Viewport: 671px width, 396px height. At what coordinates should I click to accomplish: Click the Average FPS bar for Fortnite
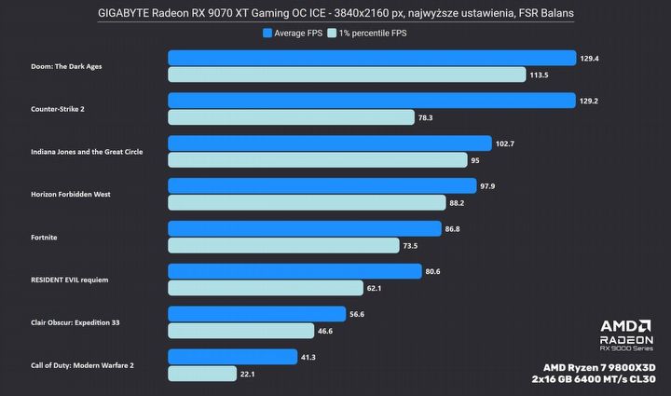[x=304, y=228]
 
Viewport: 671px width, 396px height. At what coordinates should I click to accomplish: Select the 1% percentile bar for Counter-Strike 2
[x=291, y=117]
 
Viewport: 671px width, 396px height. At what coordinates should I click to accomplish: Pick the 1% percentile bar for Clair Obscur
[x=240, y=331]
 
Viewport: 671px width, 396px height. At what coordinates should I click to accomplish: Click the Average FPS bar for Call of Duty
[x=234, y=356]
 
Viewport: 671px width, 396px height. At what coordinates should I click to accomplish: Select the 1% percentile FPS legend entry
[x=369, y=33]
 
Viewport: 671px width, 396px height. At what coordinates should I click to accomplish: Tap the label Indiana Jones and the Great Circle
[x=87, y=152]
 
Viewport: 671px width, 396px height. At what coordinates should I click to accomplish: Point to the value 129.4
[x=589, y=58]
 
